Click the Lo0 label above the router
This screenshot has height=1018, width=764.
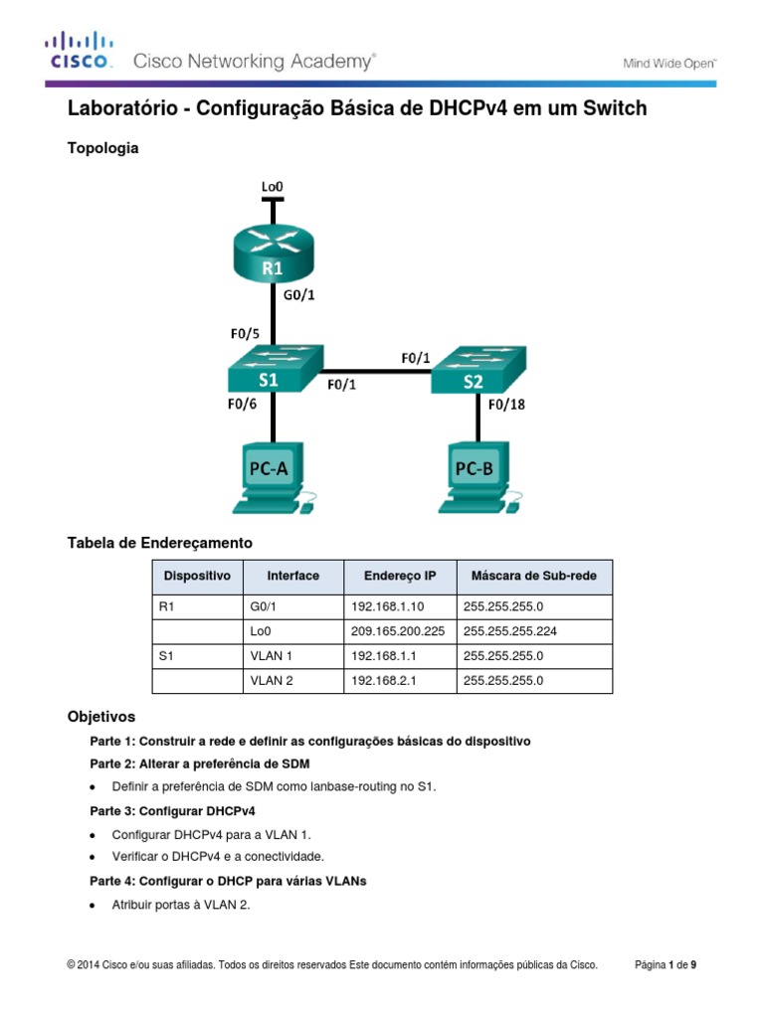coord(272,186)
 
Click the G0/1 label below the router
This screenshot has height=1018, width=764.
coord(301,294)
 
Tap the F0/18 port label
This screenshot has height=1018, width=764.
coord(506,405)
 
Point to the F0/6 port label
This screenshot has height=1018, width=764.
coord(241,405)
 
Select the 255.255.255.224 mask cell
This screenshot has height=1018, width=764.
coord(507,629)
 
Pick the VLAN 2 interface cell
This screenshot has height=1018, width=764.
coord(272,681)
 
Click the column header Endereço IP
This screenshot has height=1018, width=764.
coord(399,576)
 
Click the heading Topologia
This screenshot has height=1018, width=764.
coord(102,148)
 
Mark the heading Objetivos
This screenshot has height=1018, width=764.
coord(100,716)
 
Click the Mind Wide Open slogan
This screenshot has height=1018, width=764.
coord(669,64)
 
